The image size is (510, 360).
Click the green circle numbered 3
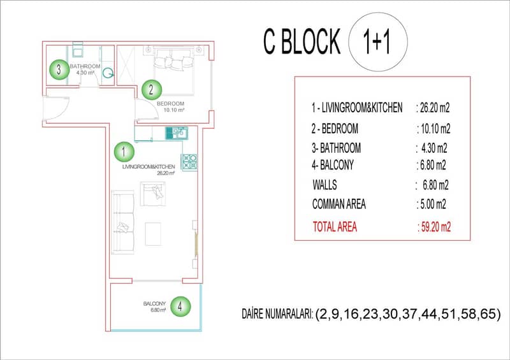[x=59, y=69]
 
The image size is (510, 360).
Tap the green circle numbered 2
[x=151, y=90]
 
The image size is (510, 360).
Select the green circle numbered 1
[x=124, y=152]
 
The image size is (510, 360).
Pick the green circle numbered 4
[x=180, y=306]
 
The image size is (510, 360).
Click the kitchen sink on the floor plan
[x=177, y=133]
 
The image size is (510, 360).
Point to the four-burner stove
[x=189, y=162]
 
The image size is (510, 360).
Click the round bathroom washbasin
[x=108, y=73]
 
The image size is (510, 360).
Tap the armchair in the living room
[x=152, y=194]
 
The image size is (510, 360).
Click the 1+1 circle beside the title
[x=378, y=42]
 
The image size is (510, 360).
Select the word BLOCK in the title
[x=310, y=41]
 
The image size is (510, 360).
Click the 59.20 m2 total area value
[x=435, y=227]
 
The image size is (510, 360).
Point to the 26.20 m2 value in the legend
[x=433, y=108]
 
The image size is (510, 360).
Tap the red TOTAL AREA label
[x=335, y=227]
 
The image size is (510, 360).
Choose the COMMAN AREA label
[x=339, y=205]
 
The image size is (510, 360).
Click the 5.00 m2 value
[x=432, y=205]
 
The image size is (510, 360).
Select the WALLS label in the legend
[x=324, y=185]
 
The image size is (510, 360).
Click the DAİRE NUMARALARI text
[x=277, y=314]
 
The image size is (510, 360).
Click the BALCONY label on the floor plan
[x=154, y=303]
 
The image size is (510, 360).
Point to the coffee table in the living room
[x=153, y=234]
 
